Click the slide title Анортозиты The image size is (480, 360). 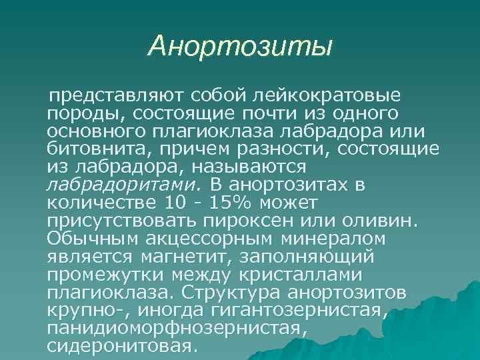240,46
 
